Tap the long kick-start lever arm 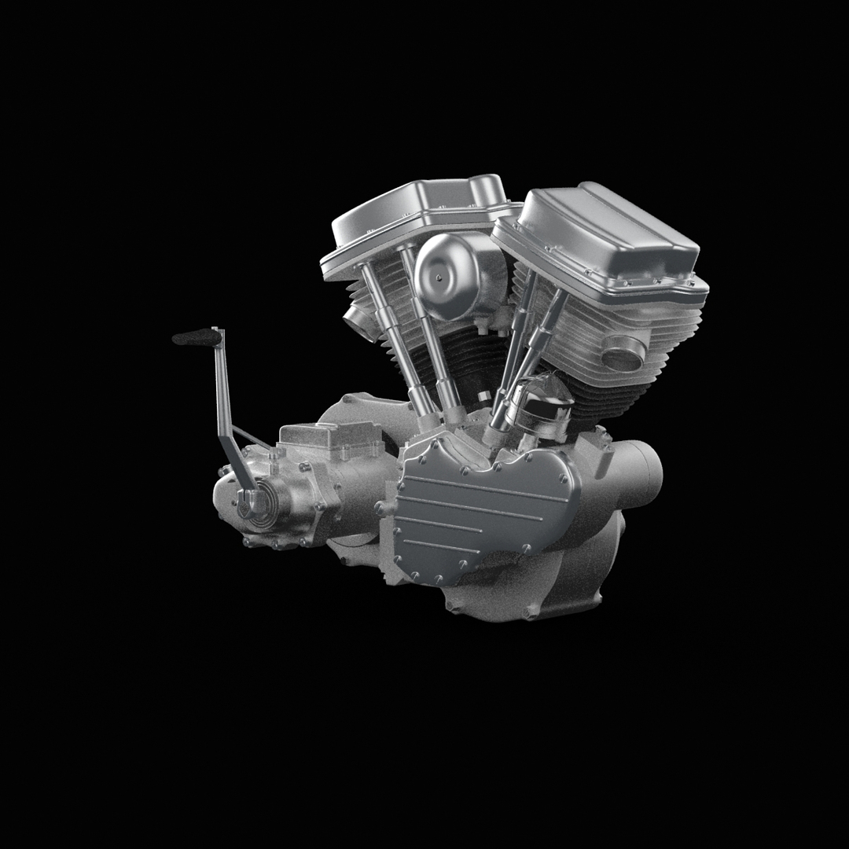[x=225, y=409]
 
